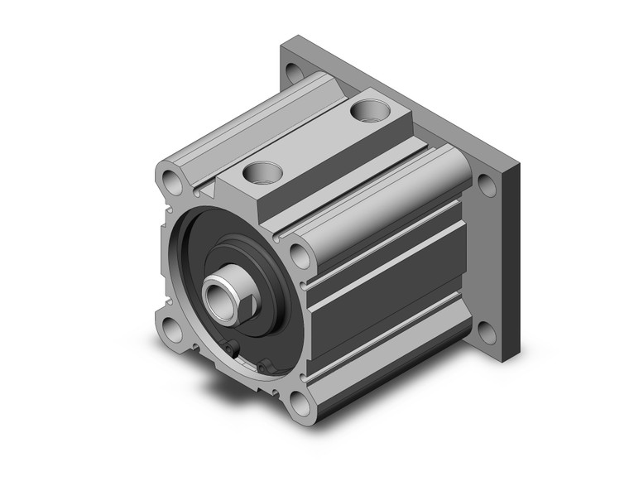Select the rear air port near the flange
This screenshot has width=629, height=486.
364,108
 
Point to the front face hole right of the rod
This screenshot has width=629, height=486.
300,255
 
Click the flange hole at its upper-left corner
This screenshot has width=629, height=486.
291,69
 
